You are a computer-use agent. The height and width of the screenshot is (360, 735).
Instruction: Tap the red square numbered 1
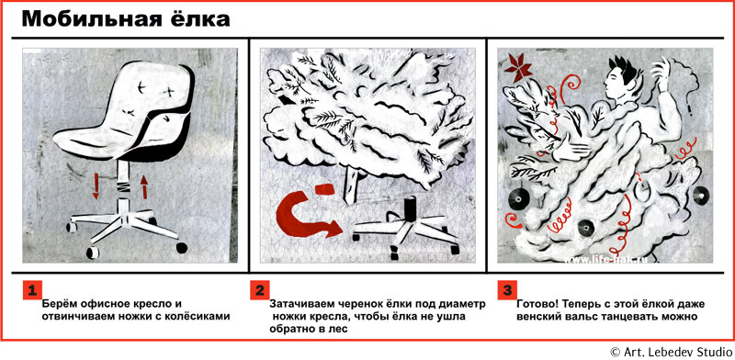pos(32,290)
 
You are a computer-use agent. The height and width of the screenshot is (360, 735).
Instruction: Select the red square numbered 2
pos(259,290)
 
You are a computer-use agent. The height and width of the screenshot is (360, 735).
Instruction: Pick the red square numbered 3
pos(507,290)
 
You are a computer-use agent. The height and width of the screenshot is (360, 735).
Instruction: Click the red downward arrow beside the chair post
pos(96,186)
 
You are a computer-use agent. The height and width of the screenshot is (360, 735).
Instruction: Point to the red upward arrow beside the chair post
pos(144,186)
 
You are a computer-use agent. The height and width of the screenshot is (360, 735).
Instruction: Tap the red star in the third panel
pos(517,67)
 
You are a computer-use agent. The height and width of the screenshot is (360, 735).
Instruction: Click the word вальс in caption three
pos(579,316)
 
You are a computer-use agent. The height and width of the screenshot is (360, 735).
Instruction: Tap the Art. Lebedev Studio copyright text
pos(672,352)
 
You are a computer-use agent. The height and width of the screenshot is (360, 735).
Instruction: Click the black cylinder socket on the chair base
pos(411,208)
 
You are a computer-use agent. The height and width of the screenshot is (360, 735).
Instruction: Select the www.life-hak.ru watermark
pos(606,259)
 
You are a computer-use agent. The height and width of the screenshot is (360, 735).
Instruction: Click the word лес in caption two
pos(339,329)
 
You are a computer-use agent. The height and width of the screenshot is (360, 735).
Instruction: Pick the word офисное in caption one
pos(93,304)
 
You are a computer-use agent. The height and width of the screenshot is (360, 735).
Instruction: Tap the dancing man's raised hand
pos(660,73)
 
